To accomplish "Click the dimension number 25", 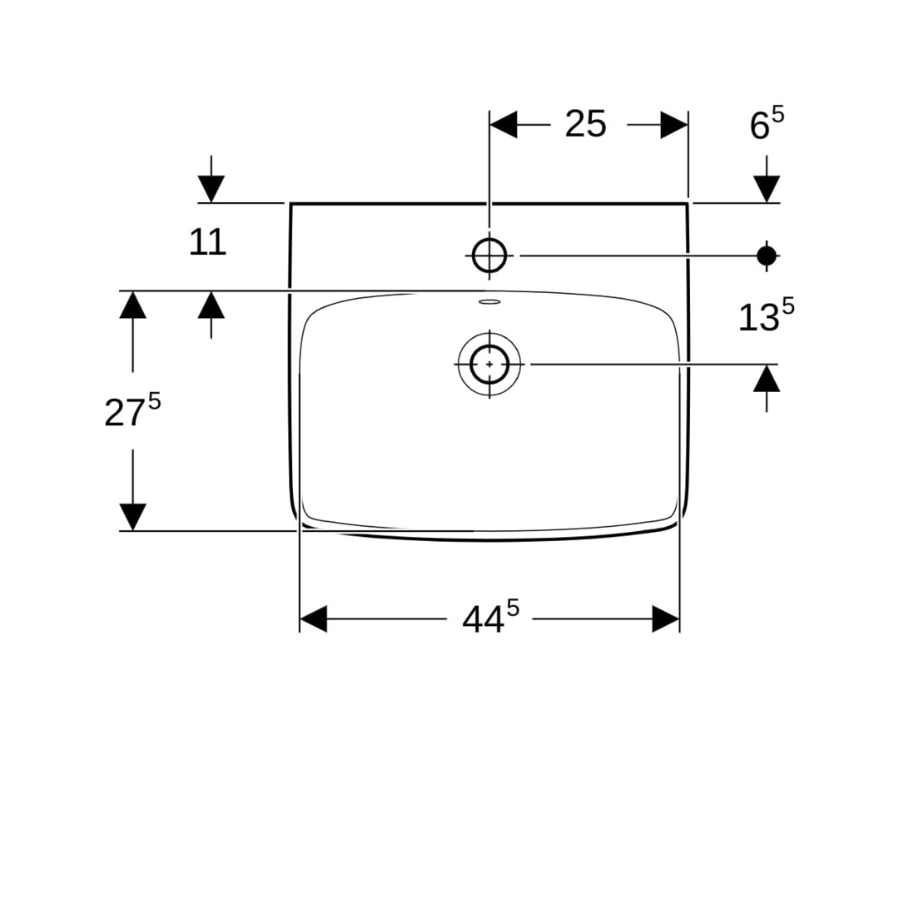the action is pos(585,124).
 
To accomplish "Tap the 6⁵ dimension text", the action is pos(767,124).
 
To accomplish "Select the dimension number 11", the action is pos(207,242).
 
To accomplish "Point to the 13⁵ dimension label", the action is pos(766,316).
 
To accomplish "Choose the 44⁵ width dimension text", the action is pos(491,617).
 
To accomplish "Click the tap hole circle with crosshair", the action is pos(489,256).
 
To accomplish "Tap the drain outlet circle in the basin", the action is pos(489,364).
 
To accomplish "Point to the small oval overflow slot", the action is pos(489,301).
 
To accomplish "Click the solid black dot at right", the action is pos(767,256).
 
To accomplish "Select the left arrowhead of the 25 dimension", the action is pos(504,124).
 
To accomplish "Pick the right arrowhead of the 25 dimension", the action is pos(674,124).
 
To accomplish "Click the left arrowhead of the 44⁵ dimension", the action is pos(313,618).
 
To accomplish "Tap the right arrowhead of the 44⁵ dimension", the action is pos(666,618).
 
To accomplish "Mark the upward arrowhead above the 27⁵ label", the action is pos(132,305).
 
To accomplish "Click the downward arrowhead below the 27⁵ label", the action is pos(132,517).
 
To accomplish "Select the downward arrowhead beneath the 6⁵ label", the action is pos(767,189).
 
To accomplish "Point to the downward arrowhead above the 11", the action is pos(211,189).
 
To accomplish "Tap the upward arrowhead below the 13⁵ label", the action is pos(767,379).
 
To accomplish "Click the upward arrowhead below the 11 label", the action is pos(211,305).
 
